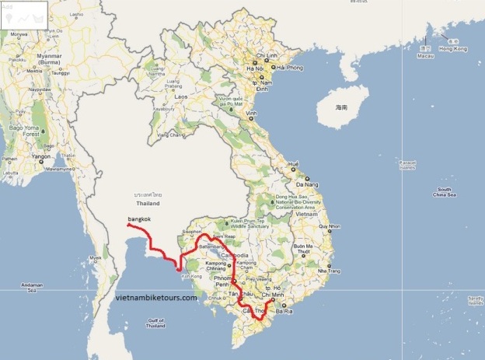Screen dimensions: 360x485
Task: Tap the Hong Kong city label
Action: [456, 49]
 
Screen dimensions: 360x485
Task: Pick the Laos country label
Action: [180, 96]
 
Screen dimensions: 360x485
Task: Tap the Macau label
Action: [424, 57]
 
